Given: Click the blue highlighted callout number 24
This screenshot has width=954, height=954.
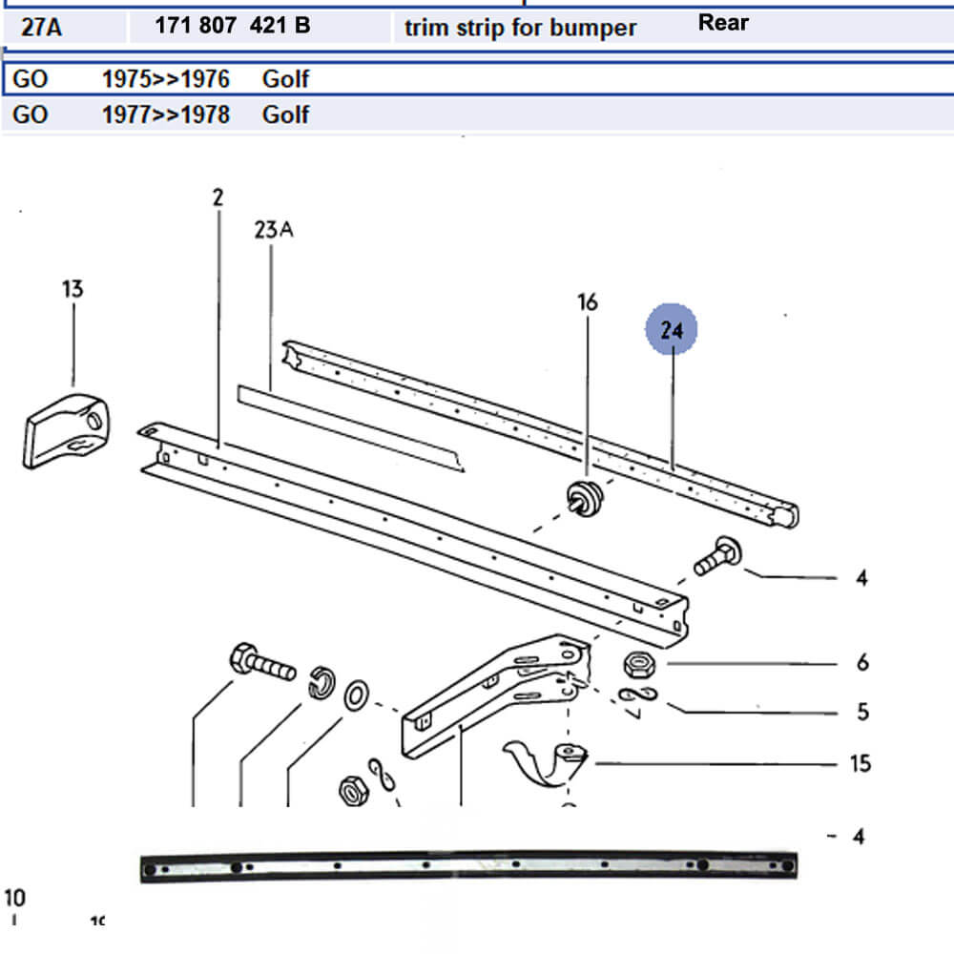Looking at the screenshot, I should click(672, 330).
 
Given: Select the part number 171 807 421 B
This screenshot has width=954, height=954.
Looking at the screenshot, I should click(232, 26).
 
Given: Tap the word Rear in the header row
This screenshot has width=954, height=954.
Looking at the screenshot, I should click(723, 22).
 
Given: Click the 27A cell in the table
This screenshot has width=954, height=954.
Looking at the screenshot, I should click(41, 27).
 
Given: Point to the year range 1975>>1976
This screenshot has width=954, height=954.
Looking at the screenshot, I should click(166, 78).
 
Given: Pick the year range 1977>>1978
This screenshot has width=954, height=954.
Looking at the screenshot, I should click(166, 114).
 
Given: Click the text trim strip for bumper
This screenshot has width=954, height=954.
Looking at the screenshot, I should click(520, 27).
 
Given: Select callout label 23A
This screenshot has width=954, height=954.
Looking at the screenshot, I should click(273, 230).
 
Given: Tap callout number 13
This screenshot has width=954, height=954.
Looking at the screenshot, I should click(72, 288).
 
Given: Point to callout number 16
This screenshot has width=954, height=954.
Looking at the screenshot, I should click(588, 302).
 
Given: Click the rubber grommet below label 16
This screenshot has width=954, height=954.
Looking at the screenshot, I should click(583, 501).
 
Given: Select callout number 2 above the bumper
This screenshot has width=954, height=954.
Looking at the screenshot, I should click(218, 197).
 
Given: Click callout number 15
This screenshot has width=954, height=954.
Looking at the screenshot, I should click(861, 763).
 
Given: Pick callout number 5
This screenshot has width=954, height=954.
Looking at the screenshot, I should click(862, 712).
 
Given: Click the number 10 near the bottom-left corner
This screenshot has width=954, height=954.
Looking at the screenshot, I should click(15, 898).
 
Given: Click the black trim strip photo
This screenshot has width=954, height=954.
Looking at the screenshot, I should click(467, 866).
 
